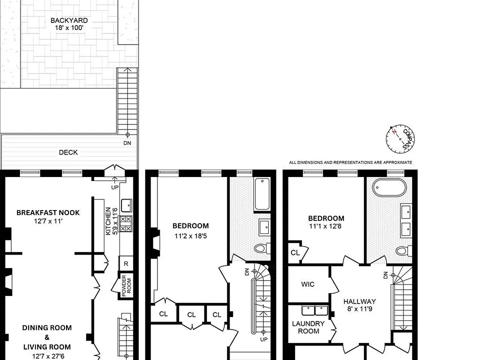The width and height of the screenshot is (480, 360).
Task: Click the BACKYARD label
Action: pos(69,20)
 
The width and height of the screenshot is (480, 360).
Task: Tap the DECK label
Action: pos(68,152)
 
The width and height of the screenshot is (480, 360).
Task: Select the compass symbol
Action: pos(400,139)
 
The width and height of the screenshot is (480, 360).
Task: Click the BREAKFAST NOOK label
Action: pos(48,213)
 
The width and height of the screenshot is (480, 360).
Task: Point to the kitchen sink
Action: pos(126,205)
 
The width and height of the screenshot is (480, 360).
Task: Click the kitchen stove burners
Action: pos(126,224)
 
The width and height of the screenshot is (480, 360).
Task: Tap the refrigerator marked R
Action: pos(126,263)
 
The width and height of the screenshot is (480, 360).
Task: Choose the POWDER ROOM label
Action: pos(126,285)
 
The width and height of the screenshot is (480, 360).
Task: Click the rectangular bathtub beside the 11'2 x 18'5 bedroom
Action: pos(262,194)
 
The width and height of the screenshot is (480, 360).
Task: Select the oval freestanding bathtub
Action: pos(389,187)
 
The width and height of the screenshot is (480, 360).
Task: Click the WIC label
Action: pos(307,284)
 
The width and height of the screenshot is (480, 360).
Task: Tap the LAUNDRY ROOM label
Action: pos(308,327)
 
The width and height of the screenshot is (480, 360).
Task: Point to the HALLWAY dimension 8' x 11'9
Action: pos(359,309)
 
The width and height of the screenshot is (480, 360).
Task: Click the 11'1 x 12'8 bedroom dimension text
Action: pos(325,226)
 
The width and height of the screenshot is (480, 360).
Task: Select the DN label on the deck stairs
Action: pos(127,143)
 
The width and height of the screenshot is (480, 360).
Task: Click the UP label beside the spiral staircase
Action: pos(263,339)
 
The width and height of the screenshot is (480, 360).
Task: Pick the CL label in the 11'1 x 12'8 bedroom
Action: pos(295,253)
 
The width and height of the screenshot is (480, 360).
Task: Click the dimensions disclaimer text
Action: pos(350,162)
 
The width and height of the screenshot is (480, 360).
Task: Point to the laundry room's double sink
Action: pos(314,310)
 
